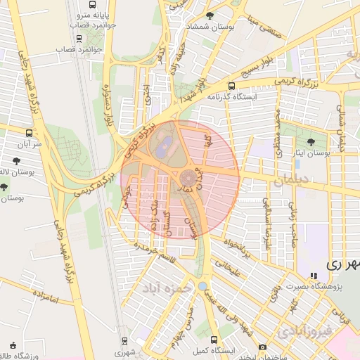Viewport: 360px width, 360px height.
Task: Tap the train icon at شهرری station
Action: pyautogui.click(x=124, y=340)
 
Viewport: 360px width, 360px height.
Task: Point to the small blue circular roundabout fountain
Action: pyautogui.click(x=202, y=286)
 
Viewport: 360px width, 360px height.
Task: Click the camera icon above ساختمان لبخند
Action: pyautogui.click(x=263, y=347)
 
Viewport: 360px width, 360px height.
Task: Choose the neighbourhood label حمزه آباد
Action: pyautogui.click(x=163, y=289)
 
